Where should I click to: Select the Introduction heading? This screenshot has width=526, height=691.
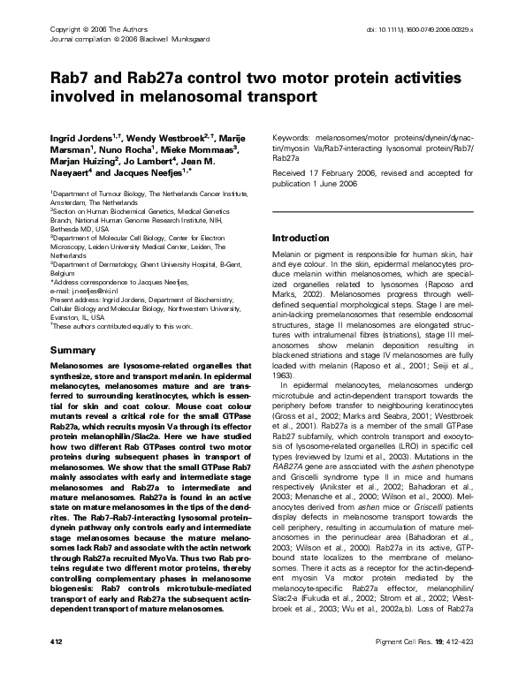coord(300,239)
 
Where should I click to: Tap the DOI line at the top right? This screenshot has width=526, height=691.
coord(419,29)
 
